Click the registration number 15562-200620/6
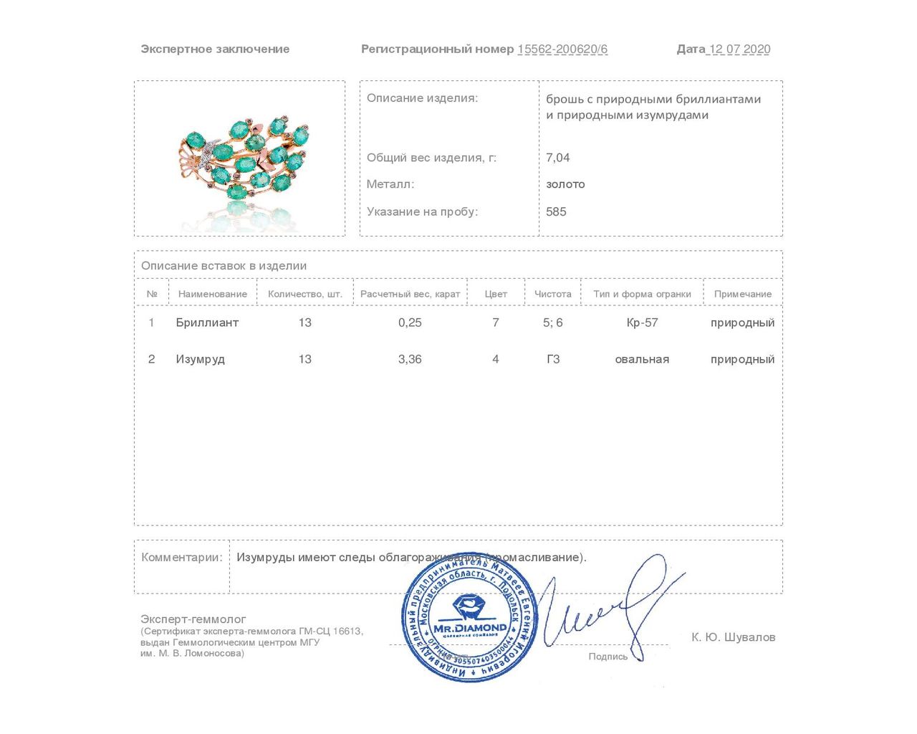[x=562, y=49]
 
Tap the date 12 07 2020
[x=739, y=49]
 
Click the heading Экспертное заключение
[x=215, y=49]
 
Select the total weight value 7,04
[x=558, y=158]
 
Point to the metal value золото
[x=565, y=184]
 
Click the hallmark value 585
[x=556, y=211]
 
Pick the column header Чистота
[x=552, y=294]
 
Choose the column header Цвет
[x=496, y=294]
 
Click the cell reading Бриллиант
[x=207, y=323]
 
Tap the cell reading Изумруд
[x=200, y=359]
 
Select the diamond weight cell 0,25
[x=410, y=323]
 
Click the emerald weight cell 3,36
[x=410, y=359]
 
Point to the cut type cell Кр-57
[x=642, y=323]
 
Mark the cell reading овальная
[x=642, y=359]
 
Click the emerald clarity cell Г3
[x=553, y=359]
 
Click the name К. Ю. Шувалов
[x=733, y=637]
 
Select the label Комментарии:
[x=182, y=558]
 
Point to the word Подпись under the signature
[x=608, y=657]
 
